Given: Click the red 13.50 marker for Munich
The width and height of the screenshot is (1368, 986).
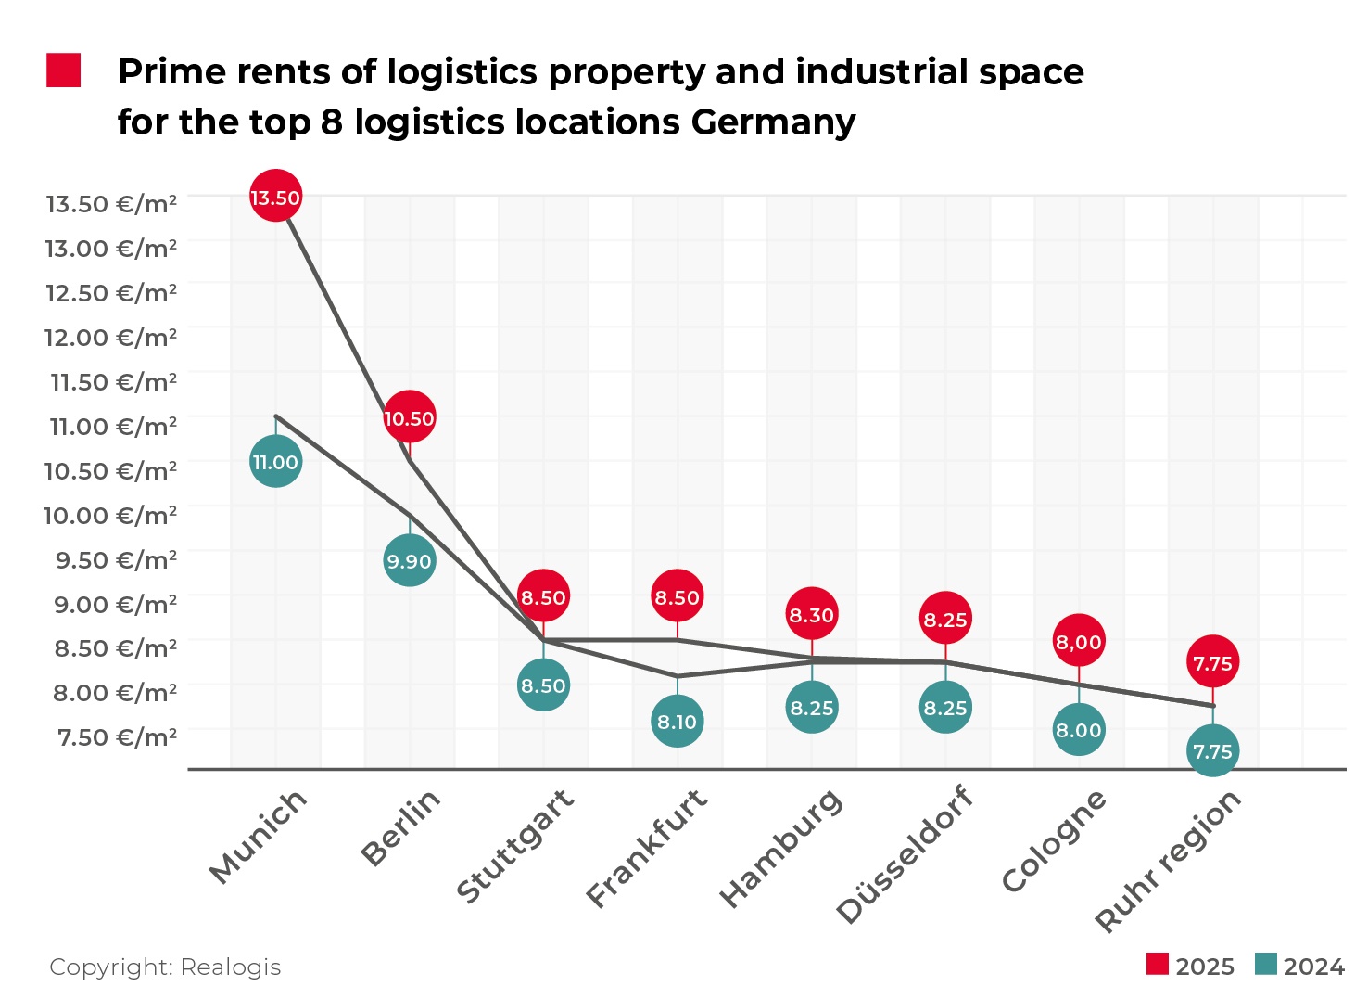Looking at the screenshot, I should tap(275, 197).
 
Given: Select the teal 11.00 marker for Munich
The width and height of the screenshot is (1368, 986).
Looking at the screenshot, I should tap(275, 462).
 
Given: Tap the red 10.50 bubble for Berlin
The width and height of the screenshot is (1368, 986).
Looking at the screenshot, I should tap(409, 418).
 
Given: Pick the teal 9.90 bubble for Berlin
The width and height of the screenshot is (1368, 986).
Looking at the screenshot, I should tap(409, 561).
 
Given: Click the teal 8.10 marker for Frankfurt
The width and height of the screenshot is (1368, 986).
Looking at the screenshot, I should tap(678, 722).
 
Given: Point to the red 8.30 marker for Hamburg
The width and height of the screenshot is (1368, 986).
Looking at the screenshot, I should tap(812, 614).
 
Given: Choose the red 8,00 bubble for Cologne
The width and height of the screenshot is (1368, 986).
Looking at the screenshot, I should tap(1079, 641).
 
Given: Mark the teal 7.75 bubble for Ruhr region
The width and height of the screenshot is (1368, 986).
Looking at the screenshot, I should tap(1212, 750).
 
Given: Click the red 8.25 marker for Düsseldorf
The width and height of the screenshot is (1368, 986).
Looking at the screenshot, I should tap(945, 619).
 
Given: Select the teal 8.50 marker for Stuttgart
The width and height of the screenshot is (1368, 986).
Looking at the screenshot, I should tap(543, 685).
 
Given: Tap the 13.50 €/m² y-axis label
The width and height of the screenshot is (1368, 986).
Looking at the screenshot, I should tap(111, 203).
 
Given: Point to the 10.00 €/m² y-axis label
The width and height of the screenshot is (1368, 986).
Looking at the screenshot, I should tap(110, 515).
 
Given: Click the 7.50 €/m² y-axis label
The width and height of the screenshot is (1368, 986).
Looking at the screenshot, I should tap(117, 737).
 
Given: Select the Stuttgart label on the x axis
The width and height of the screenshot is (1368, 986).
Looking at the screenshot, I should tap(516, 846).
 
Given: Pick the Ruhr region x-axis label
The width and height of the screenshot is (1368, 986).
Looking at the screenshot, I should tap(1168, 861).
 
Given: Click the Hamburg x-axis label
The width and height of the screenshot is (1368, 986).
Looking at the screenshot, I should tap(781, 848).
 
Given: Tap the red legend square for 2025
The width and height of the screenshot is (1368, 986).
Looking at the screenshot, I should tap(1158, 964).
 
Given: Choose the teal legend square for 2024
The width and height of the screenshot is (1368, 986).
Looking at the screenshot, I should tap(1265, 964).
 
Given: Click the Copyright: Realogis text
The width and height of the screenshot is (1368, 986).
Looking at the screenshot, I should tap(165, 967).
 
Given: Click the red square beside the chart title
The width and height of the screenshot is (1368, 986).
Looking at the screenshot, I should tap(64, 70).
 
